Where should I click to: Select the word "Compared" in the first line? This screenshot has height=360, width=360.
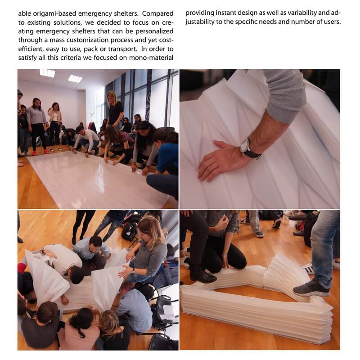coord(158,14)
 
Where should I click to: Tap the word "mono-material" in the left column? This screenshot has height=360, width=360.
coord(151,58)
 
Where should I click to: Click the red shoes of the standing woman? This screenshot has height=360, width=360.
coord(40,153)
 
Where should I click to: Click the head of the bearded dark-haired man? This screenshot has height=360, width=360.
coord(95,244)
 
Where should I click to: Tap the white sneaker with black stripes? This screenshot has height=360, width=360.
coord(308,268)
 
